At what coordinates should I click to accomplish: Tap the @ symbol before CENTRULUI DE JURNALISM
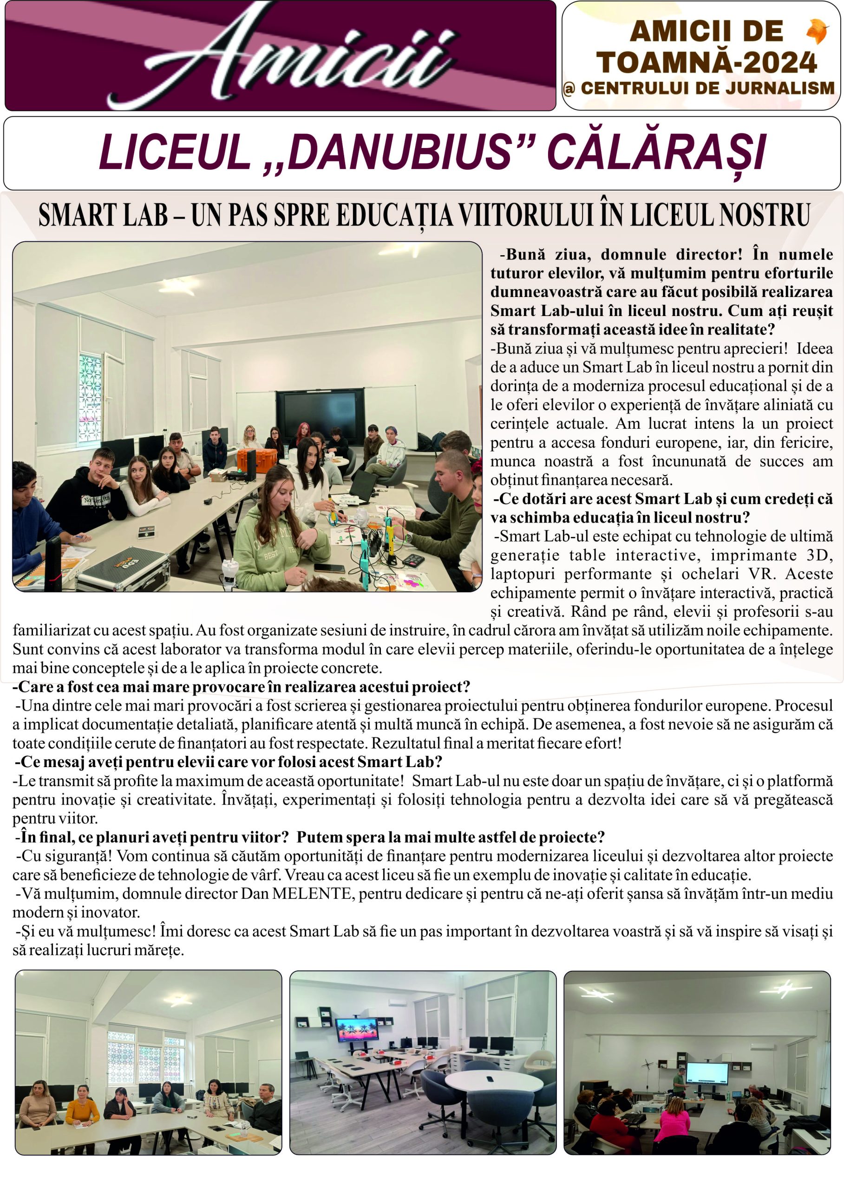(569, 89)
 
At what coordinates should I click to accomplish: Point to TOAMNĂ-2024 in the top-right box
(707, 62)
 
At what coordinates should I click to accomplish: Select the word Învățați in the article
(245, 800)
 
